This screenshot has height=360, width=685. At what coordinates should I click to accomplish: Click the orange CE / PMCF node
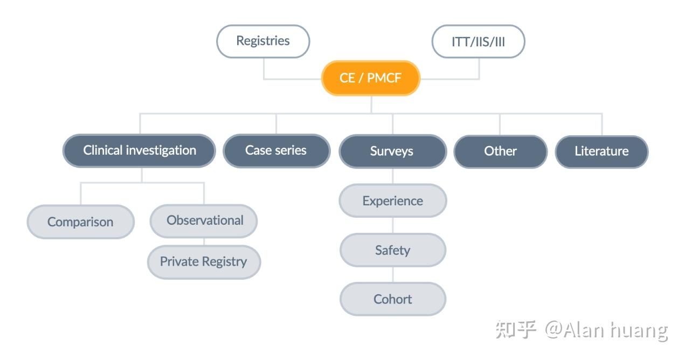click(x=370, y=78)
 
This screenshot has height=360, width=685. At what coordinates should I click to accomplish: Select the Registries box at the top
click(x=263, y=41)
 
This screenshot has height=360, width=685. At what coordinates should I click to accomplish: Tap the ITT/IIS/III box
click(x=478, y=41)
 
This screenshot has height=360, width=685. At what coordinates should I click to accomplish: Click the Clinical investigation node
click(x=139, y=150)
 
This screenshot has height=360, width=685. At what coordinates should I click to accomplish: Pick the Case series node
click(x=276, y=150)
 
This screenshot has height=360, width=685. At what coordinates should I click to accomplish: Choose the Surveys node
click(x=392, y=151)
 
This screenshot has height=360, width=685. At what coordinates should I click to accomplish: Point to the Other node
click(x=500, y=151)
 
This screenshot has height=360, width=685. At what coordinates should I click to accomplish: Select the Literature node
click(x=601, y=151)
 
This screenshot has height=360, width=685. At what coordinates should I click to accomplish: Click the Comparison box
click(x=80, y=221)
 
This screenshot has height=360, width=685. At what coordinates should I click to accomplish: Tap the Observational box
click(x=204, y=220)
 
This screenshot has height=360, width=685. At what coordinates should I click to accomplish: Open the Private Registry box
click(x=203, y=262)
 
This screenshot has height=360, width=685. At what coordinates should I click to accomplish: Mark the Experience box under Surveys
click(x=392, y=201)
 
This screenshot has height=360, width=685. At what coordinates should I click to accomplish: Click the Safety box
click(x=392, y=250)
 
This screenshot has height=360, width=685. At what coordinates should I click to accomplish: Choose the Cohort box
click(x=392, y=299)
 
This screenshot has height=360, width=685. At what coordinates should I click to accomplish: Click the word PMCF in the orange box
click(x=384, y=78)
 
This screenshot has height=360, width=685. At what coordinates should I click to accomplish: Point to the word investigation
click(x=161, y=150)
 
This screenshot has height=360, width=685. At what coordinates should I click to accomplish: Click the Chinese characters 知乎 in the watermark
click(x=516, y=329)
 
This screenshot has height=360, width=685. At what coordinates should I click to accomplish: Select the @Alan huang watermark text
click(x=606, y=329)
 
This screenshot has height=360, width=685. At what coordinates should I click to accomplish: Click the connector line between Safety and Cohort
click(x=392, y=274)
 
